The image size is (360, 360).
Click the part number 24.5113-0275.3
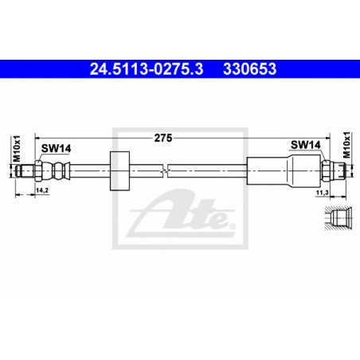147,68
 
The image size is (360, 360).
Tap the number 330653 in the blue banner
249,68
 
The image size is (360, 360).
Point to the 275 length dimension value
163,138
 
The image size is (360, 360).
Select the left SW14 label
56,148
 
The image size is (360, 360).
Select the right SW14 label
306,145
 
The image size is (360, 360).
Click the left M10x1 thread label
17,148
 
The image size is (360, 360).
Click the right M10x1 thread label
346,145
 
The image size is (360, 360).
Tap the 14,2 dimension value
42,190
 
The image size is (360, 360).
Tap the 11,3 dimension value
322,193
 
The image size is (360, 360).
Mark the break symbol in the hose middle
165,171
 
